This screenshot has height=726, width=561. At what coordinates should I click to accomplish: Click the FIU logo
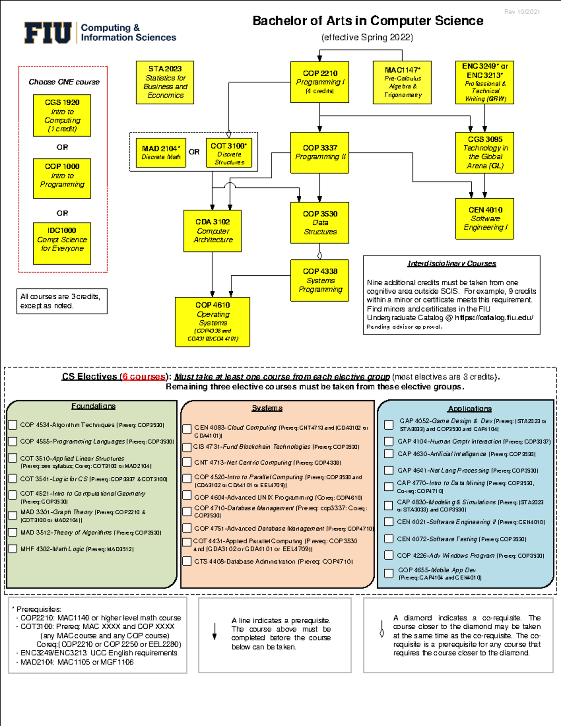click(48, 33)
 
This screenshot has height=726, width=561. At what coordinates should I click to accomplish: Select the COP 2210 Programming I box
click(320, 82)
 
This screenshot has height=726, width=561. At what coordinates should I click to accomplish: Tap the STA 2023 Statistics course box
click(165, 82)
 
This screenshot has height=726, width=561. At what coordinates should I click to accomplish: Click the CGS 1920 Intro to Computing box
click(62, 115)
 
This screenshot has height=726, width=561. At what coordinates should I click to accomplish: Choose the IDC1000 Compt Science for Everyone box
click(62, 243)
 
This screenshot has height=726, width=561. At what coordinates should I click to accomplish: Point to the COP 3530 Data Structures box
click(320, 223)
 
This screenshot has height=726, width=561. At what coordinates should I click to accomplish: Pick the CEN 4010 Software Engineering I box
click(485, 218)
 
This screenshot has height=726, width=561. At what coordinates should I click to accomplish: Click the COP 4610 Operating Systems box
click(213, 322)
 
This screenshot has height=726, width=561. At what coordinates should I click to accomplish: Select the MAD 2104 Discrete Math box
click(161, 152)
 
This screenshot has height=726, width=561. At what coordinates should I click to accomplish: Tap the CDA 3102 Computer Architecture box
click(213, 230)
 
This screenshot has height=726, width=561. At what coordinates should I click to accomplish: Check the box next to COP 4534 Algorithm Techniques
click(13, 425)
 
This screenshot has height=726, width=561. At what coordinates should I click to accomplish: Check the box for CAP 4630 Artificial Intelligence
click(388, 453)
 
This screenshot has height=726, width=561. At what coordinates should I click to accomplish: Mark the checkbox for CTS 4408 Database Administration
click(187, 561)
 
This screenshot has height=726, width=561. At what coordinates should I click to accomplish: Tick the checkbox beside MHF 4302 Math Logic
click(13, 549)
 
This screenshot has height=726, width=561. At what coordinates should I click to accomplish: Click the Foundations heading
click(93, 406)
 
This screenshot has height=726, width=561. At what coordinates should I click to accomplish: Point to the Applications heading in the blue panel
click(469, 409)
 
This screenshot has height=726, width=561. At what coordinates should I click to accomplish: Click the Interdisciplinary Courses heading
click(452, 264)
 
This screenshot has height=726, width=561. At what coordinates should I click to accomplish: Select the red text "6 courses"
click(144, 377)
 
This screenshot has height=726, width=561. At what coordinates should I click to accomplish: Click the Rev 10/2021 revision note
click(522, 12)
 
